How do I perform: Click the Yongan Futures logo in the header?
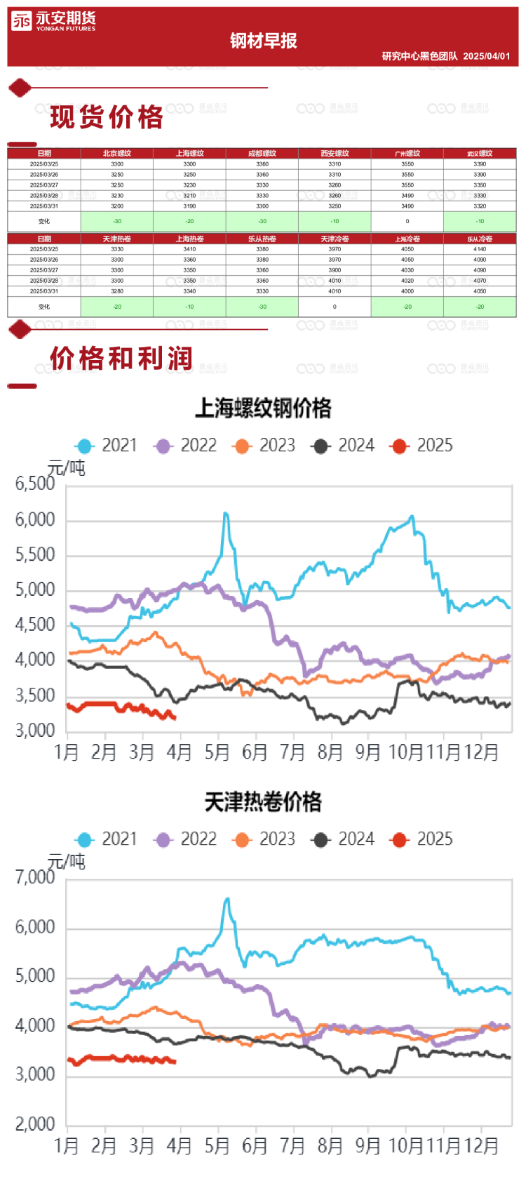tap(53, 22)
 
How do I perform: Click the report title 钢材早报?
tap(263, 41)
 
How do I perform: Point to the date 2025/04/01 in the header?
tap(486, 56)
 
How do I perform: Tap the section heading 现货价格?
tap(107, 117)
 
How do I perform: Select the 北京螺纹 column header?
tap(117, 154)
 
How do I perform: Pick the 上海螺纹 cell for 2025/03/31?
tap(189, 206)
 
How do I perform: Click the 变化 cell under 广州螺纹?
tap(407, 221)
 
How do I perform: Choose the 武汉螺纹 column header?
tap(480, 154)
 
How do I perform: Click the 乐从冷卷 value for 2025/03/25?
tap(480, 249)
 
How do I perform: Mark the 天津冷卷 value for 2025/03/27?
tap(335, 270)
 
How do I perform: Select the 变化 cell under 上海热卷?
tap(189, 307)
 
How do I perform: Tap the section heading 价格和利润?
tap(121, 359)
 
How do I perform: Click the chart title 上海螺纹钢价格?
tap(263, 408)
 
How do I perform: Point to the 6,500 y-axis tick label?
tap(35, 484)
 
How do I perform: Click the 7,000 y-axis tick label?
tap(35, 877)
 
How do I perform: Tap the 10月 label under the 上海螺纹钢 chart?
tap(406, 752)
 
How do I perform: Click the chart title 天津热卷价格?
tap(263, 802)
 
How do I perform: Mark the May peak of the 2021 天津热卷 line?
tap(227, 899)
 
